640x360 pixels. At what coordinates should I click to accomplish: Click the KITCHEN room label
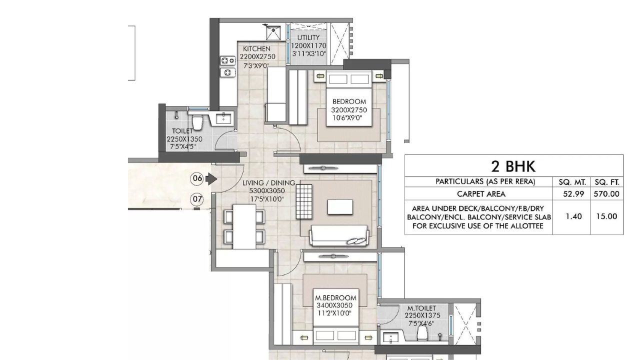257,48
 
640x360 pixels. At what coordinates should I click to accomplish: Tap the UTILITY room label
308,37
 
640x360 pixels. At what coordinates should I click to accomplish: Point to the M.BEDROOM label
335,297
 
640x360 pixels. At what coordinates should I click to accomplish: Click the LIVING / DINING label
268,183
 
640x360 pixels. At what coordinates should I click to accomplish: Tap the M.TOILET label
421,308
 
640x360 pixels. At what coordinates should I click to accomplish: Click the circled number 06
197,178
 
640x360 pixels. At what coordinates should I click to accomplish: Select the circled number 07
197,199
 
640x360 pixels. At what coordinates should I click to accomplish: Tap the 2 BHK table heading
514,165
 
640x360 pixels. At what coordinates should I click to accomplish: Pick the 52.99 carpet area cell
573,194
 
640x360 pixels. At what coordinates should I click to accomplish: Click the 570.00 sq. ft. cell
606,194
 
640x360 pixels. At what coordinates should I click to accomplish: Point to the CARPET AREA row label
481,194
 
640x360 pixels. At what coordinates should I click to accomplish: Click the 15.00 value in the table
606,216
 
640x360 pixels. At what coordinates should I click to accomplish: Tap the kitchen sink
273,33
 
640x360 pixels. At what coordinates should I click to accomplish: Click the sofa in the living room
339,236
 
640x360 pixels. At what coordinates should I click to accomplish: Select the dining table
244,226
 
